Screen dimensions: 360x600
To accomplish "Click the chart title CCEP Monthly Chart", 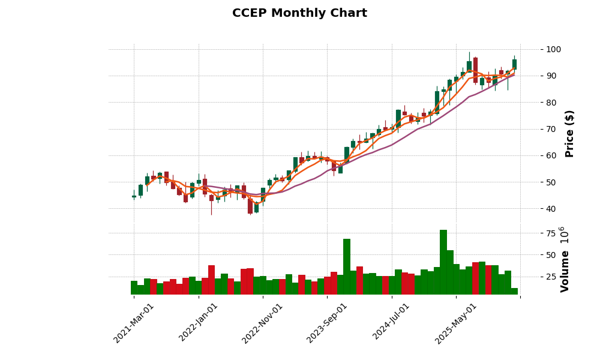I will pos(299,13).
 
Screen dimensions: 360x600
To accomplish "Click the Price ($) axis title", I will pos(569,133).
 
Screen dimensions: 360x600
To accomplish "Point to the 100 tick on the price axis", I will pos(553,49).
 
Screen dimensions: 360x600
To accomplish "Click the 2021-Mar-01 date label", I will pos(134,323).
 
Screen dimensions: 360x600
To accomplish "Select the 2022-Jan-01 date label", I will pos(199,323).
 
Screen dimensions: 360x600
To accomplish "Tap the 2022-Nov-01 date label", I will pos(263,323).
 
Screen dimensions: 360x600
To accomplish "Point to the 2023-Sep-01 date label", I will pos(328,323).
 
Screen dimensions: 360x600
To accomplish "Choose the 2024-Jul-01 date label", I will pos(392,323).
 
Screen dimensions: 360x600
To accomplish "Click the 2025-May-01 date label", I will pos(457,323).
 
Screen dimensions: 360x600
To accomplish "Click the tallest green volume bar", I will pos(443,262).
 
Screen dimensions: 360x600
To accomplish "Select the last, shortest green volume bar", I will pos(514,291).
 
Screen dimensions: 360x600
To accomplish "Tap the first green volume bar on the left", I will pos(134,287).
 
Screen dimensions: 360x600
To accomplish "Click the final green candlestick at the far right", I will pos(514,64).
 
